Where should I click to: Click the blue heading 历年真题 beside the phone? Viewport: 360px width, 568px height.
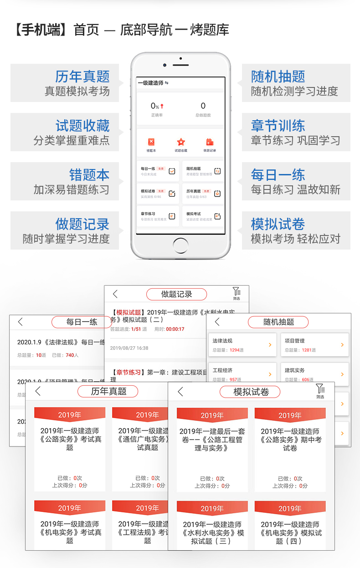click(x=82, y=77)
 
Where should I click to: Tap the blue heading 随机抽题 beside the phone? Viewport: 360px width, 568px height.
click(x=278, y=77)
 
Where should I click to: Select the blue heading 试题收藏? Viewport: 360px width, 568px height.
click(x=82, y=126)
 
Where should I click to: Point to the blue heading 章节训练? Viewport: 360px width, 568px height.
click(x=278, y=126)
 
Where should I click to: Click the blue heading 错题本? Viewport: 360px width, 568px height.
click(x=89, y=175)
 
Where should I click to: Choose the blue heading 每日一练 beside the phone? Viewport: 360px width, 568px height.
click(x=278, y=175)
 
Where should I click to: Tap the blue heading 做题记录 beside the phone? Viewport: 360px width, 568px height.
click(x=82, y=224)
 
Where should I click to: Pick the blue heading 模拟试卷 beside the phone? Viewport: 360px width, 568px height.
click(x=278, y=224)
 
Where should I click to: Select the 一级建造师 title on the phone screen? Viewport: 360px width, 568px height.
click(x=151, y=83)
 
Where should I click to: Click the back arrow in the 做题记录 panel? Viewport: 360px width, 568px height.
click(x=115, y=294)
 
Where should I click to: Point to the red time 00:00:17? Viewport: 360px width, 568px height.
click(x=175, y=329)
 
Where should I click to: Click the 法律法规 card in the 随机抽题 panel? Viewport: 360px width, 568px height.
click(x=242, y=345)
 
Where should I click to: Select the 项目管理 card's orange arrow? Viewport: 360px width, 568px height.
click(x=342, y=345)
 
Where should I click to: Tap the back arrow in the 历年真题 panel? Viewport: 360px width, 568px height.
click(x=38, y=391)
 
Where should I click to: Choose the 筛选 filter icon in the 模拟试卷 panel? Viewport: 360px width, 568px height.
click(x=320, y=391)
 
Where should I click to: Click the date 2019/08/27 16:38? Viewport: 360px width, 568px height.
click(x=129, y=348)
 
